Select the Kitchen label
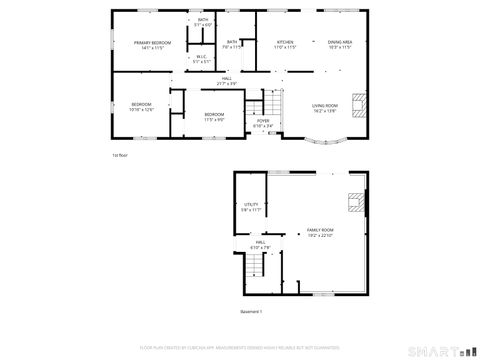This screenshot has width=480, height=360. [x=285, y=44]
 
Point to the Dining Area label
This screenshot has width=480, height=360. [x=340, y=44]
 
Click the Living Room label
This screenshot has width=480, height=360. [x=325, y=107]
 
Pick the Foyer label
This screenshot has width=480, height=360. [x=263, y=123]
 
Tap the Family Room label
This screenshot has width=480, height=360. [x=320, y=232]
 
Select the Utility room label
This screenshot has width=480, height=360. [x=251, y=207]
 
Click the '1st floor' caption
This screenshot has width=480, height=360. [x=119, y=155]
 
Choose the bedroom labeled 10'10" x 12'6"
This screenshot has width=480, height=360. [x=142, y=107]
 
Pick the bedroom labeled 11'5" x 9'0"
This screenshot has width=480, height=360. [x=215, y=116]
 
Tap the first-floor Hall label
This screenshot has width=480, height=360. [x=227, y=80]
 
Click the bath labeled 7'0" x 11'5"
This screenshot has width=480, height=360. [x=232, y=44]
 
